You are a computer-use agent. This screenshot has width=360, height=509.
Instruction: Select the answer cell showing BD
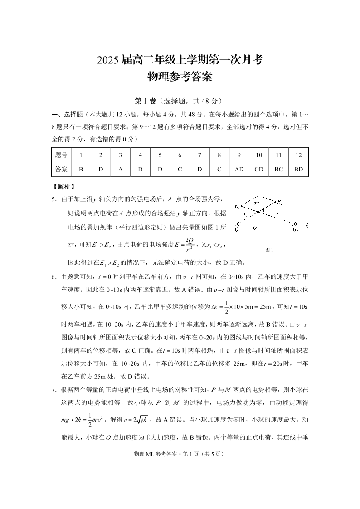(298, 169)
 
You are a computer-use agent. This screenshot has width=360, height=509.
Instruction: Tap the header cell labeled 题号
(61, 155)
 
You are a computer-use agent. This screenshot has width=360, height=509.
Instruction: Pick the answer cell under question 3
(120, 169)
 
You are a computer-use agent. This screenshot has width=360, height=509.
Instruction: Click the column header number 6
(180, 155)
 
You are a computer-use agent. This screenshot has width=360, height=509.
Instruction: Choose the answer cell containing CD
(259, 169)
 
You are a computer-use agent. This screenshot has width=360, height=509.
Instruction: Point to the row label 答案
(61, 169)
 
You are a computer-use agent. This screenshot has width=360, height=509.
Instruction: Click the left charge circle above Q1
(237, 224)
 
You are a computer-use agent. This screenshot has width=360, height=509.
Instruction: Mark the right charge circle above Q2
(294, 224)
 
